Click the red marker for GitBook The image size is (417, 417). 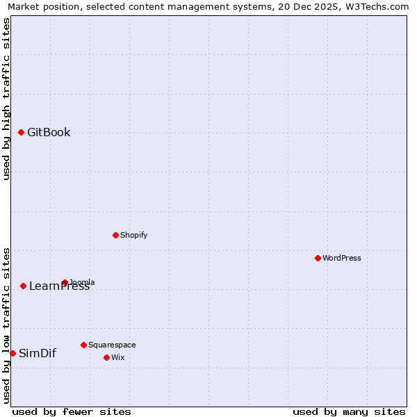[21, 132]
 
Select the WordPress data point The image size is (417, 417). [318, 258]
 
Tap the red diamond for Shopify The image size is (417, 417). [115, 235]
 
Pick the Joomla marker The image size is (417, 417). [65, 283]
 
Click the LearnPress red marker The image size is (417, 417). [23, 286]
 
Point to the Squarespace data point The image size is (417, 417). [83, 345]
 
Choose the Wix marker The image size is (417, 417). [106, 357]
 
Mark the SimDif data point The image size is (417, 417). [13, 353]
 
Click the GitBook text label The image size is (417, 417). [49, 133]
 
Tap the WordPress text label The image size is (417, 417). [342, 258]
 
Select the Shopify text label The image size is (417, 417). [134, 235]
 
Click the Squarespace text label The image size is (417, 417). [112, 345]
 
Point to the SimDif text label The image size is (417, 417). [38, 353]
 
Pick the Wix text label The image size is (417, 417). [117, 357]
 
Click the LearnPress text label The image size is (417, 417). [60, 286]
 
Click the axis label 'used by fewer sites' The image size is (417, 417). [72, 411]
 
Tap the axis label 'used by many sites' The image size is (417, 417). [349, 411]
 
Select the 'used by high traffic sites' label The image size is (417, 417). [7, 99]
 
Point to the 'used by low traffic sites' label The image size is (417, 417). [7, 325]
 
